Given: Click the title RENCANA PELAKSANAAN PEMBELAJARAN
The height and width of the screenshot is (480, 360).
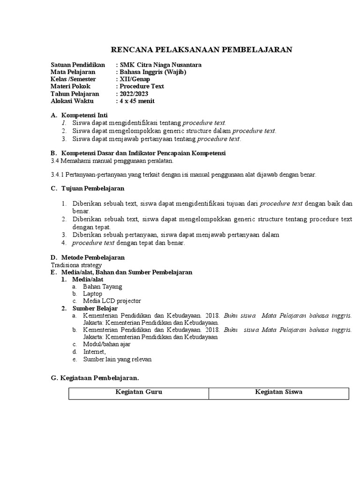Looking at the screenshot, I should point(201,49).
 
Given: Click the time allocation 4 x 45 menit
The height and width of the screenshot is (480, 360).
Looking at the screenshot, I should point(137,101).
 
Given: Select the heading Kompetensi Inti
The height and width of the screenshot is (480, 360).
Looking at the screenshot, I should point(84,115).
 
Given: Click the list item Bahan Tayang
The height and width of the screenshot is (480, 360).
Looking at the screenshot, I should point(102,286).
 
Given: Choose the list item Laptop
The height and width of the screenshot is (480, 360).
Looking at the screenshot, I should point(92,293).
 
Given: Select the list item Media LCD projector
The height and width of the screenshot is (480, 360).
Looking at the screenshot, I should point(112,301).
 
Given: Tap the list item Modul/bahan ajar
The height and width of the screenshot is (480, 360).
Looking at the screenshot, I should point(106,344).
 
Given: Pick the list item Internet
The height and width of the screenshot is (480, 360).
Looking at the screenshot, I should point(94,352).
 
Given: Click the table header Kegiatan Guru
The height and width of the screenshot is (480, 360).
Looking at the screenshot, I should point(139,392).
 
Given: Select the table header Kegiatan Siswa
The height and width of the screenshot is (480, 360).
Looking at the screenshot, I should point(278,392).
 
